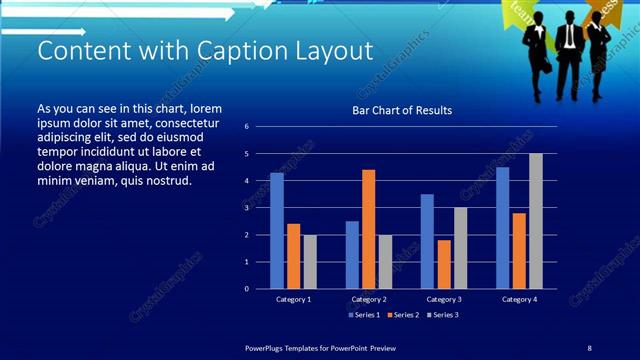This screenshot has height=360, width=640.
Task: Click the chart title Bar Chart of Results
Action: (402, 110)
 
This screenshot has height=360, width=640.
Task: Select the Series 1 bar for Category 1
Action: (277, 231)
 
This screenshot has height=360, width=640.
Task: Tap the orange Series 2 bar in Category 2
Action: (369, 229)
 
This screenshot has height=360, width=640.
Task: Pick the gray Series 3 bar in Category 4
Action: (535, 221)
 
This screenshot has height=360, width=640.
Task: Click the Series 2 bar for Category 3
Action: (443, 264)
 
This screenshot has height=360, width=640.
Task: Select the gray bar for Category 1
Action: (310, 262)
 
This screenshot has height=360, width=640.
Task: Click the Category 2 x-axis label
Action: (369, 299)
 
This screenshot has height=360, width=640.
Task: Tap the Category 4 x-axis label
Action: (519, 299)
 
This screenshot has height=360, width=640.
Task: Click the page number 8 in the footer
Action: (589, 347)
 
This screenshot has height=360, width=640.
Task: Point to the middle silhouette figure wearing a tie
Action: (567, 50)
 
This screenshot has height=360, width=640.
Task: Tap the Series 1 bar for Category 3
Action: (427, 241)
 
